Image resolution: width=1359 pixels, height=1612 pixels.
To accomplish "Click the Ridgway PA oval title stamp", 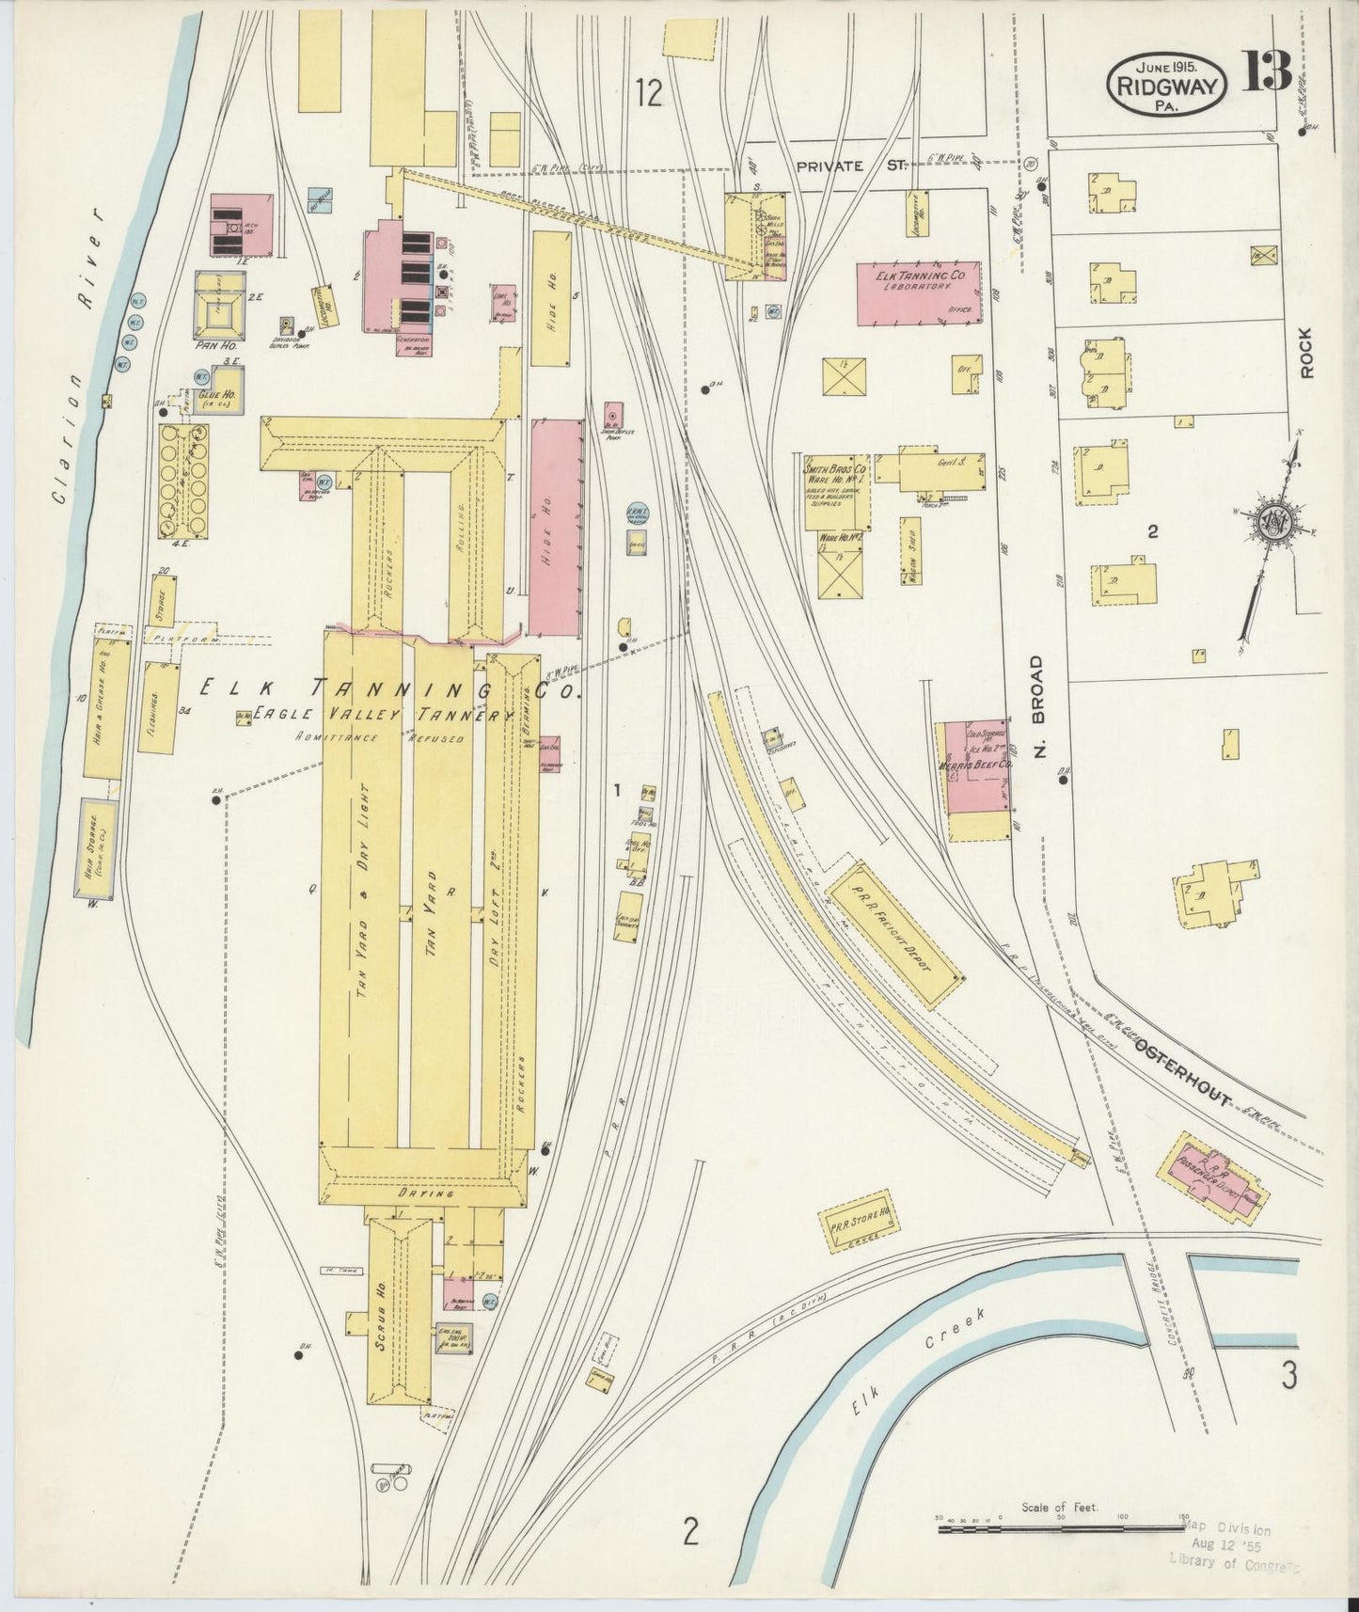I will click(1166, 86).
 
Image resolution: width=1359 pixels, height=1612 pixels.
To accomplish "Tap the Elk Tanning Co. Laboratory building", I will click(918, 293).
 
